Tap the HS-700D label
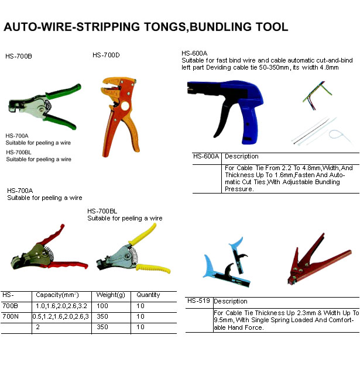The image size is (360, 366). click(x=107, y=55)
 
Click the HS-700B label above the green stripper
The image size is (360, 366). click(x=18, y=57)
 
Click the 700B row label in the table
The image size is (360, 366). click(x=10, y=306)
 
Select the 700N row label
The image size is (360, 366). click(x=10, y=316)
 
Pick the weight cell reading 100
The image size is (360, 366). click(x=102, y=306)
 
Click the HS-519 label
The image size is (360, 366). click(x=200, y=301)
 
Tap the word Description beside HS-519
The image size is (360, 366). click(x=230, y=302)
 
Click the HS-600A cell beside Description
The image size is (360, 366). click(x=206, y=157)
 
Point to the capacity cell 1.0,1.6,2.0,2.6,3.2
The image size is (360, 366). click(x=61, y=306)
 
